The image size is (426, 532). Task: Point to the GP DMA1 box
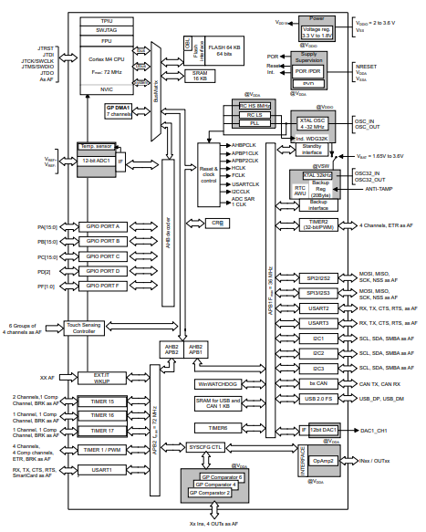coord(119,110)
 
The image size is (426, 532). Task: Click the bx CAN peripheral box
coord(318,383)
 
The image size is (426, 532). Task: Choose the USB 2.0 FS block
coord(318,399)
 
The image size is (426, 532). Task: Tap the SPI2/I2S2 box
coord(318,276)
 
